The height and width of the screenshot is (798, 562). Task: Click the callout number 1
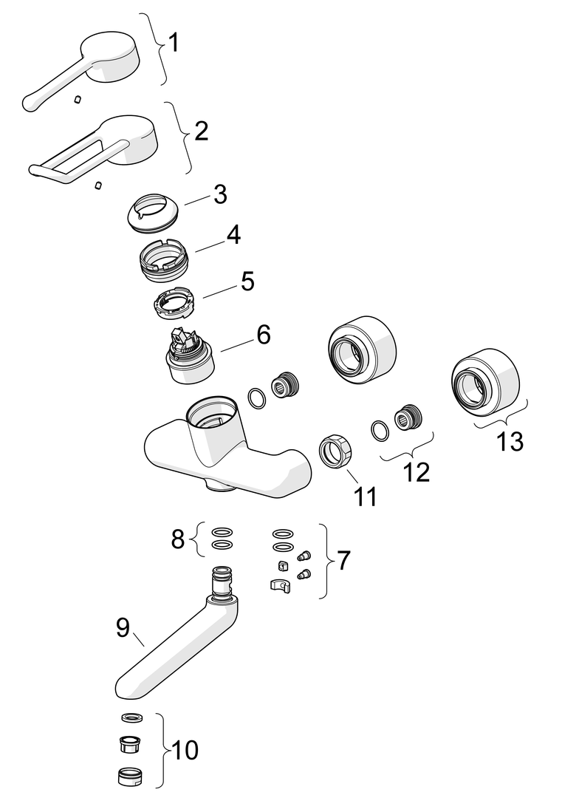click(x=174, y=43)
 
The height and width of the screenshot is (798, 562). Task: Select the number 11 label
click(x=365, y=497)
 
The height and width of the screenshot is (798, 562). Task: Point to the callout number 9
click(x=123, y=627)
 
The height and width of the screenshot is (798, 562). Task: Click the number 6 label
click(x=264, y=335)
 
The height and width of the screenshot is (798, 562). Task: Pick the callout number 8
click(x=177, y=539)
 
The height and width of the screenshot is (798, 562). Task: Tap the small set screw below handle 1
click(x=78, y=99)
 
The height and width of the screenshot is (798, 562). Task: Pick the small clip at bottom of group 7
click(x=281, y=585)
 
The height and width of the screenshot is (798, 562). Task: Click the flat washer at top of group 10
click(x=133, y=717)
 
